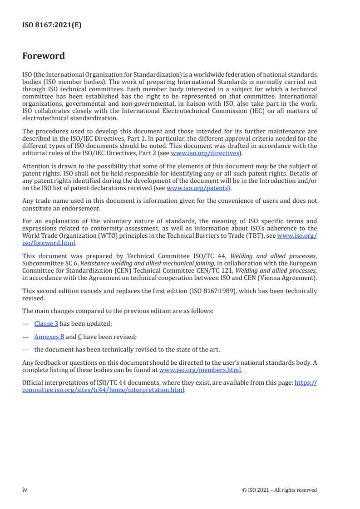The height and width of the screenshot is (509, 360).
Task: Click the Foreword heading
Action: pos(44,56)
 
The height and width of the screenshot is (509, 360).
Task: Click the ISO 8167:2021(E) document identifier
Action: pos(52,25)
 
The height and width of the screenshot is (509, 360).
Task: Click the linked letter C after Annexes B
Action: pos(79,337)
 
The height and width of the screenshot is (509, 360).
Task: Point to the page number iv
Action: pos(25,490)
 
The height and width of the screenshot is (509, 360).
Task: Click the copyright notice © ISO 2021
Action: pos(280,490)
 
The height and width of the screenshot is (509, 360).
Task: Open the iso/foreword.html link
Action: pos(49,243)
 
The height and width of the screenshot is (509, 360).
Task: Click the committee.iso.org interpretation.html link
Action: pos(104,390)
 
